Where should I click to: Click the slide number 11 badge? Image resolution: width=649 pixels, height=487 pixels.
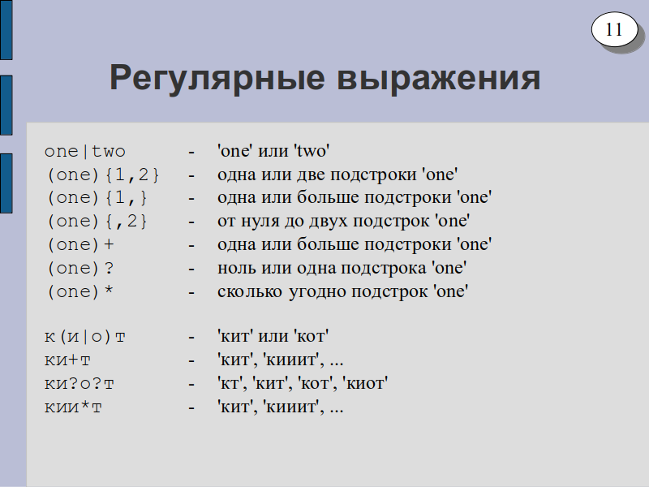point(614,29)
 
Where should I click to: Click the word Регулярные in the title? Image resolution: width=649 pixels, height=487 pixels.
point(217,79)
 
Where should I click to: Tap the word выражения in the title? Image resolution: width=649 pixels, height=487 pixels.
point(439,79)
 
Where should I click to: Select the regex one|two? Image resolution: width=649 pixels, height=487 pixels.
point(85,151)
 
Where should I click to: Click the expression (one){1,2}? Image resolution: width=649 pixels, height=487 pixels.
point(103,175)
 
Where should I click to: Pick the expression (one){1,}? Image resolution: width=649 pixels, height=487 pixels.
point(97,198)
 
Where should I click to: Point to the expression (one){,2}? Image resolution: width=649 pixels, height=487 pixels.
point(97,222)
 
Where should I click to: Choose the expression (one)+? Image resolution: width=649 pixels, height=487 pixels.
point(80,245)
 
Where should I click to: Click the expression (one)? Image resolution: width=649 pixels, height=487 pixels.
point(80,269)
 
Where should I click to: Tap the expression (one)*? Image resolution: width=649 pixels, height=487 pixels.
point(80,292)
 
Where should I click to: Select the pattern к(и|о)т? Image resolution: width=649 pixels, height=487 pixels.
point(85,337)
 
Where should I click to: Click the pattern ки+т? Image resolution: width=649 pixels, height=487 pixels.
point(67,360)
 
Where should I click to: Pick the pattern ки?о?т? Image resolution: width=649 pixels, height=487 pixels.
point(79,384)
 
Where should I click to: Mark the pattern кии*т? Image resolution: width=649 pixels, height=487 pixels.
point(73,407)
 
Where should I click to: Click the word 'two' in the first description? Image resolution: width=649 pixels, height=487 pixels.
point(312,151)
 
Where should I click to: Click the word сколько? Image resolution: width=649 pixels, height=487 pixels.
point(250,291)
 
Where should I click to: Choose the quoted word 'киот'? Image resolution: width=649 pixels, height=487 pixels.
point(365,383)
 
